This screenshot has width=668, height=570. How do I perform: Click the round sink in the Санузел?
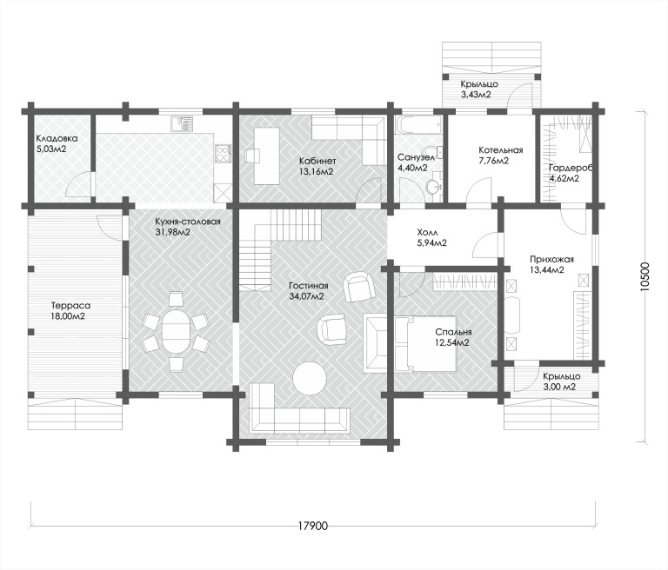point(434,185)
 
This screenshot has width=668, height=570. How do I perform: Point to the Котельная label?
point(501,150)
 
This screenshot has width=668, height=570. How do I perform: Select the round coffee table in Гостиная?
point(310,378)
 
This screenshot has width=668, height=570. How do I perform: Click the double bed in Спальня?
point(426,343)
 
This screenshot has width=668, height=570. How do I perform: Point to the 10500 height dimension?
point(646,276)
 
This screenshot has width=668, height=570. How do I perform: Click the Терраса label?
point(70,306)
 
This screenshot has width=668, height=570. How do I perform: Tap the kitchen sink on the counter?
point(183,124)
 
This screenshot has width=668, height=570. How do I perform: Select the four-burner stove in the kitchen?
point(224,155)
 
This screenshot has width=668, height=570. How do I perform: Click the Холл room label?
point(427,233)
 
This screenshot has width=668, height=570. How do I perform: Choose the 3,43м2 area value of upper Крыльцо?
point(476,95)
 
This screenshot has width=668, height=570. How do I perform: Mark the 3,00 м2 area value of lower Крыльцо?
point(559,387)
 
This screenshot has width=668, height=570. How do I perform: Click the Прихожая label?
point(552,259)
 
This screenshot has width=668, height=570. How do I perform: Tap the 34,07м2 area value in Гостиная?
point(306,296)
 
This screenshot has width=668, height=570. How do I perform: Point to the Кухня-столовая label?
point(188,222)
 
